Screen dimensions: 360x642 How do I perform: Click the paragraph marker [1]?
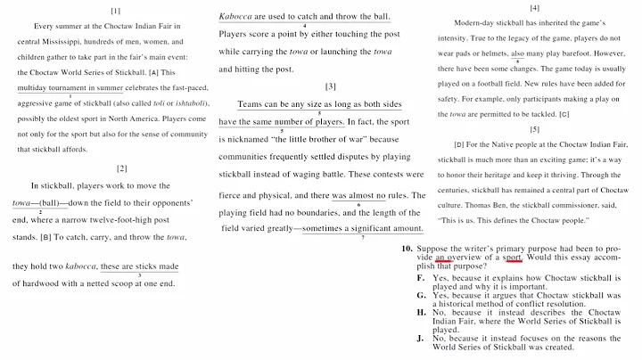116,12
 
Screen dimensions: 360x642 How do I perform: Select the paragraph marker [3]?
330,86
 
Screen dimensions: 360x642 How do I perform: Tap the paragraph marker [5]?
534,128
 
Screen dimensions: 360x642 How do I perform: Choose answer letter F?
421,279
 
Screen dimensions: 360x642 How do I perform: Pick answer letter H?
421,312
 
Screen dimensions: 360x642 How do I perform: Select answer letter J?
421,340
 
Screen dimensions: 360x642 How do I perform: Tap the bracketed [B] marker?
45,239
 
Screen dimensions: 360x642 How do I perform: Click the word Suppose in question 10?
433,248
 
